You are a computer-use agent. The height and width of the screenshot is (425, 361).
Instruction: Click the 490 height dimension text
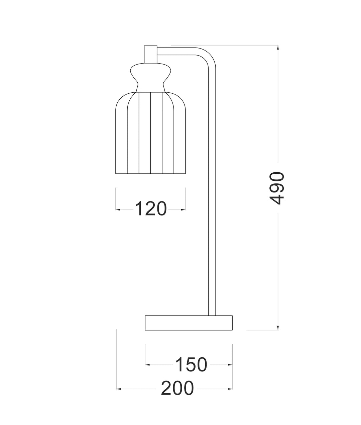[277, 188]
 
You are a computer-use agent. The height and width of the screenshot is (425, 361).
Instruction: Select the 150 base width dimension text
[191, 365]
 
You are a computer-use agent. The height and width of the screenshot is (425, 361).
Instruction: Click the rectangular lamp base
[189, 323]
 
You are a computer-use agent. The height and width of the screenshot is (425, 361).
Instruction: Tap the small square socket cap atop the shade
[150, 54]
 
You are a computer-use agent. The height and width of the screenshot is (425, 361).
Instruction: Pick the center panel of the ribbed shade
[150, 134]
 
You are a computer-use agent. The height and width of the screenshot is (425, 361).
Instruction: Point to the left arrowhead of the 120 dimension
[118, 209]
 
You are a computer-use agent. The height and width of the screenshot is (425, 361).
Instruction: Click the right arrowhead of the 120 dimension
[184, 209]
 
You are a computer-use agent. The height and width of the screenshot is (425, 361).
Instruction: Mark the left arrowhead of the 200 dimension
[118, 389]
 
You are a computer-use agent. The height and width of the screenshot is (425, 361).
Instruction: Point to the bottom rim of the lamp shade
[150, 174]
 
